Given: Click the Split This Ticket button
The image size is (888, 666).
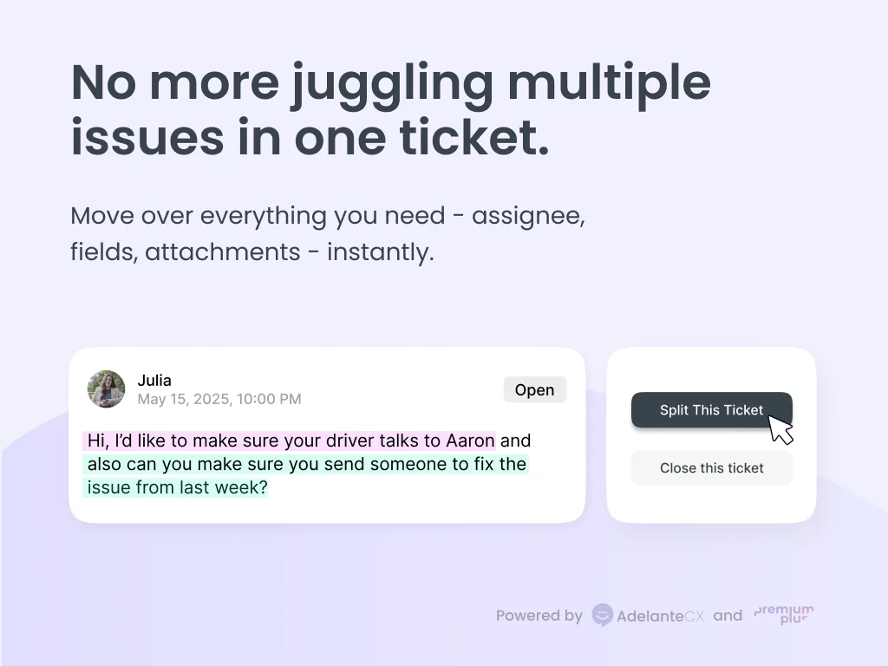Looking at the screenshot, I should (x=711, y=410).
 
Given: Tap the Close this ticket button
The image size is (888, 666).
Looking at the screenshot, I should (x=711, y=468).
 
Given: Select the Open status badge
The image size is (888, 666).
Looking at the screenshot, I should (x=534, y=390).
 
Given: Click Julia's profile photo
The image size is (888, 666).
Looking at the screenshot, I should (x=106, y=389).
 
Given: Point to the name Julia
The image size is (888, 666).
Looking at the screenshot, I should (x=154, y=380).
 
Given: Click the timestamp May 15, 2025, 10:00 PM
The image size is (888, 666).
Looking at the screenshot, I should (x=219, y=399).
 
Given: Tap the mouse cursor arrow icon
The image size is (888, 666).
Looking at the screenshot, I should (x=780, y=429).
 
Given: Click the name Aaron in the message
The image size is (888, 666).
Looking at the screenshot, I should (x=469, y=441).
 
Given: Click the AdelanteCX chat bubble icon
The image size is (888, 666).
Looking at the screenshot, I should (x=602, y=616).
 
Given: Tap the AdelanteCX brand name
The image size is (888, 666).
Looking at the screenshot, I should (x=660, y=616).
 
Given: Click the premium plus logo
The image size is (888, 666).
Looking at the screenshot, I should (x=784, y=615).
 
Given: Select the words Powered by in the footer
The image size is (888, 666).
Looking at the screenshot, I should (x=539, y=616).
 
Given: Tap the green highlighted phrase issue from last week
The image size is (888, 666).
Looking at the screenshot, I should (x=178, y=487).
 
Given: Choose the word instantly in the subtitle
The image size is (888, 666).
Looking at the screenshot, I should (x=380, y=252).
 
